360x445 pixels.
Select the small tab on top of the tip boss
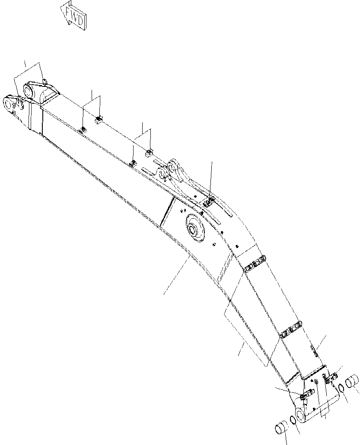pos(45,83)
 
